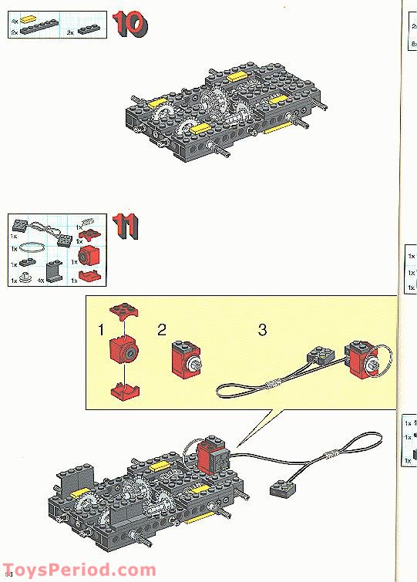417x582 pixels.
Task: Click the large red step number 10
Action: (130, 25)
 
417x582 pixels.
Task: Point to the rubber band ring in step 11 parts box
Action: (33, 248)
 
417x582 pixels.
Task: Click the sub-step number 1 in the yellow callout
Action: (100, 331)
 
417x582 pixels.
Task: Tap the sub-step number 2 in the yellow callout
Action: (161, 330)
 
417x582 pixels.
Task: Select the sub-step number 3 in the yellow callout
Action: (262, 330)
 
